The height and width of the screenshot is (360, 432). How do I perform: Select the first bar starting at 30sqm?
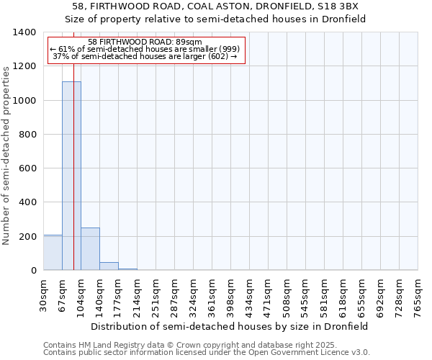tap(53, 252)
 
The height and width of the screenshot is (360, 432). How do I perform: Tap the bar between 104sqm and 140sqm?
tap(90, 248)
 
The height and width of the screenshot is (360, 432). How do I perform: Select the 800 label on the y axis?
tap(27, 135)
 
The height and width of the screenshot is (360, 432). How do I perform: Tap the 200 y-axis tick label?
tap(27, 236)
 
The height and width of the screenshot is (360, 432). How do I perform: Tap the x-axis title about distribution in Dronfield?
tap(230, 326)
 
